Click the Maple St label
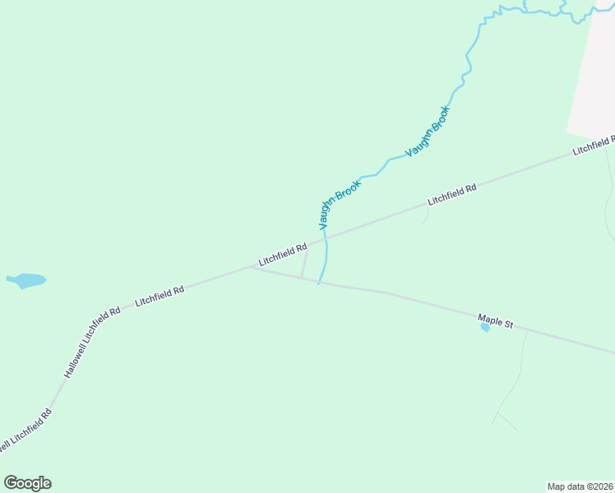click(x=496, y=320)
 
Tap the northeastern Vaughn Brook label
click(x=428, y=131)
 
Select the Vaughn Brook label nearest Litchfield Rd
click(x=339, y=205)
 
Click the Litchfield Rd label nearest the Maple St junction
click(x=282, y=255)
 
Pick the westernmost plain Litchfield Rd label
click(x=160, y=296)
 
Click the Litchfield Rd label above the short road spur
click(x=452, y=195)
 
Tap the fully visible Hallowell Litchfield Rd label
click(x=92, y=343)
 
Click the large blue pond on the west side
click(x=26, y=281)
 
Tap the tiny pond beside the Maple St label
click(x=485, y=327)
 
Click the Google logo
click(x=27, y=483)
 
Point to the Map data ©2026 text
click(x=580, y=486)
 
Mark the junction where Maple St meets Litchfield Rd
click(x=253, y=267)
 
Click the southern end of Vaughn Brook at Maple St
click(x=319, y=283)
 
